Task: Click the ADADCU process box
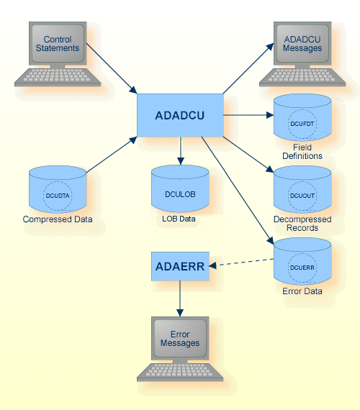point(180,115)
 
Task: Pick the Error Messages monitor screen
point(180,339)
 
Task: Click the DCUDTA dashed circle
point(58,195)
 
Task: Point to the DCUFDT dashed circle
point(302,123)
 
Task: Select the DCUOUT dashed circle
point(302,195)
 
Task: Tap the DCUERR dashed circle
point(302,267)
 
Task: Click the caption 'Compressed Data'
point(58,219)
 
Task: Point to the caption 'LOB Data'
point(180,219)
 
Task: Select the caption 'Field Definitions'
point(302,151)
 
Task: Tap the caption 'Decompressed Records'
point(302,224)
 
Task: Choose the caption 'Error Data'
point(302,291)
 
